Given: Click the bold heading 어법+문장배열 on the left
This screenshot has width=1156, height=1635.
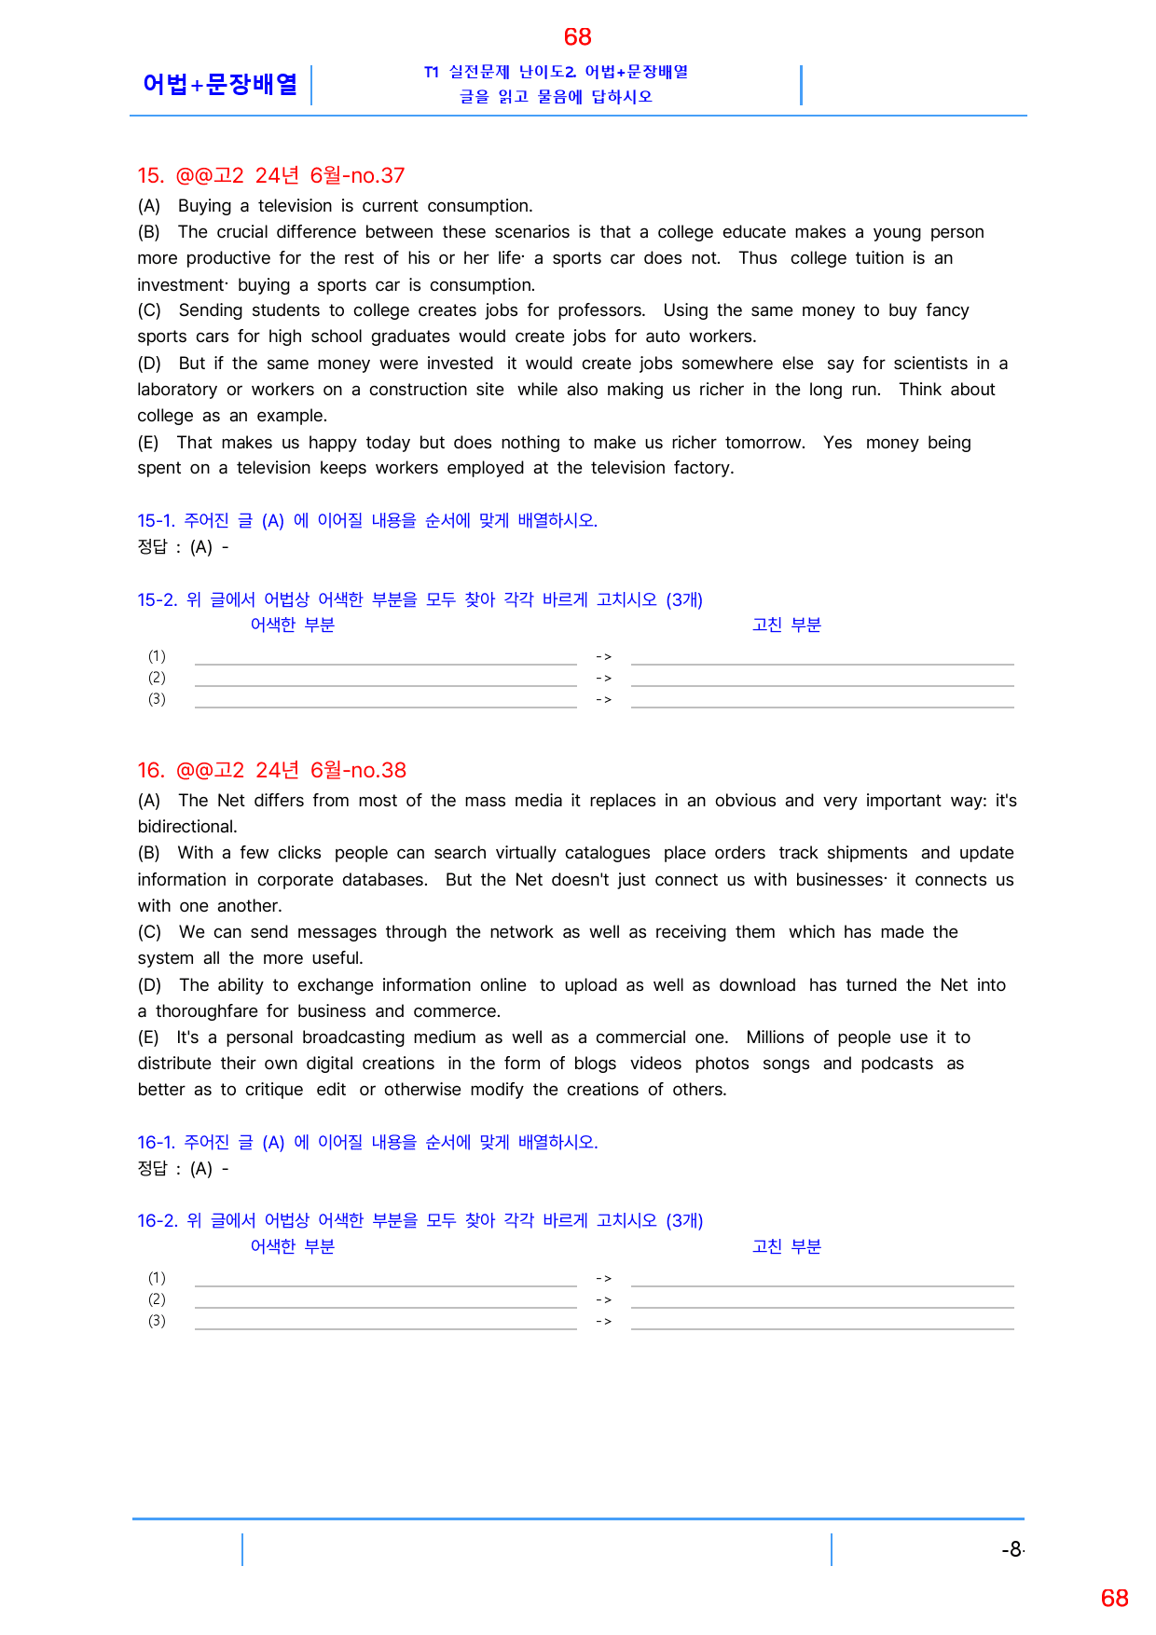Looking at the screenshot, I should pos(220,84).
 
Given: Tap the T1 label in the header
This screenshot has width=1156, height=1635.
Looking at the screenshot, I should pos(431,72).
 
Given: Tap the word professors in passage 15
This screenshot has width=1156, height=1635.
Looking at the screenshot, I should pos(599,310).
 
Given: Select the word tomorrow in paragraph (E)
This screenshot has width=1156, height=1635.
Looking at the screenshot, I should pos(764,443).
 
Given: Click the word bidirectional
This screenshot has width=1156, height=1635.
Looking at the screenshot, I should pos(186,827).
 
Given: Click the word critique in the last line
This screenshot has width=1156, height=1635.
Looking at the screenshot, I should pos(273,1090).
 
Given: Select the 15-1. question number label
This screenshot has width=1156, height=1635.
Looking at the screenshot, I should pos(156,520).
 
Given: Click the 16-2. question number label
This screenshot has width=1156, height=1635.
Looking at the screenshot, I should pos(157,1220).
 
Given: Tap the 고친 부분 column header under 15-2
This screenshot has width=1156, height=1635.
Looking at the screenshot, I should pos(786,625).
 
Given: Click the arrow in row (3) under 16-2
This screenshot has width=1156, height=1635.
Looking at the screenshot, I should pos(603,1321).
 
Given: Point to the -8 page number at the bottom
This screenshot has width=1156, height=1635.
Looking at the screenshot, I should pos(1012,1549).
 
